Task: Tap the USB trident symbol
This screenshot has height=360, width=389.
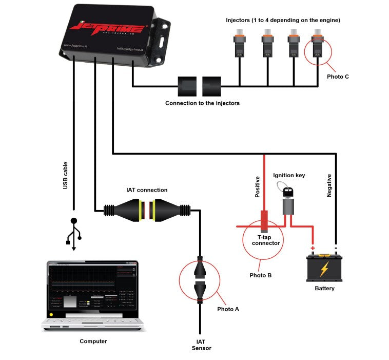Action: pos(74,234)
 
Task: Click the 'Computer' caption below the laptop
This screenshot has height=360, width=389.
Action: pos(93,341)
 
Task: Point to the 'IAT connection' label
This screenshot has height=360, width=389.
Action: pos(147,190)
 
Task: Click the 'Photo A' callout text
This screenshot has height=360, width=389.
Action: pos(228,309)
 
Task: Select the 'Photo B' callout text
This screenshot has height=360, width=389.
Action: pos(260,275)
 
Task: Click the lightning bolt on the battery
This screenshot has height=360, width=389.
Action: pos(324,269)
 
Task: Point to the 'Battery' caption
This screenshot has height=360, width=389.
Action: pos(324,288)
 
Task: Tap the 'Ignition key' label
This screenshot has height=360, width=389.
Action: pos(289,175)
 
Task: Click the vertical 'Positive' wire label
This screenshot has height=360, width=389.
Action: pos(258,187)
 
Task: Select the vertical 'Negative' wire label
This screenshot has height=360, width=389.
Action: pos(329,185)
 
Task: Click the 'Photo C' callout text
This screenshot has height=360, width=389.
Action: pos(338,77)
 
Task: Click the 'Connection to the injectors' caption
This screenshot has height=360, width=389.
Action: pos(202,103)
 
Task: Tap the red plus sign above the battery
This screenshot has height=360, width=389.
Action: pos(312,247)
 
